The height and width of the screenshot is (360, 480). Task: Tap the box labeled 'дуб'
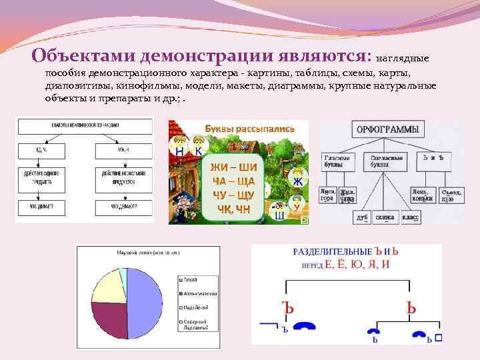pos(363,217)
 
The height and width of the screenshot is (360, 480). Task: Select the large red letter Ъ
pos(287,308)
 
